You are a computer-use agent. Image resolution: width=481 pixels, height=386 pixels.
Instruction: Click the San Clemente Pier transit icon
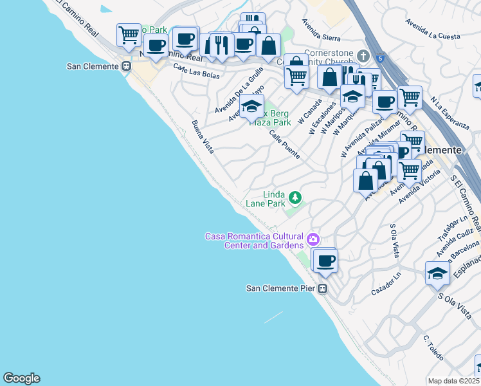[323, 288]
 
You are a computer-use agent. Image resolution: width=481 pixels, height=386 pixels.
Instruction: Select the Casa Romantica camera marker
[313, 240]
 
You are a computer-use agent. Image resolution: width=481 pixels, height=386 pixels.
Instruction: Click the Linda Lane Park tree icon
[295, 196]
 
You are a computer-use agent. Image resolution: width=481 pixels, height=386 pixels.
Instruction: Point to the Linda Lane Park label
[266, 199]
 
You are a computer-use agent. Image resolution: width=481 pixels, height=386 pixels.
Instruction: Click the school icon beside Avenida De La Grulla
[252, 106]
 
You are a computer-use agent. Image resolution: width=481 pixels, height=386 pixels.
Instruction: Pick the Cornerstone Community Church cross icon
[363, 57]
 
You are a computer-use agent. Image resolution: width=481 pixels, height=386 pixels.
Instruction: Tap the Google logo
[21, 378]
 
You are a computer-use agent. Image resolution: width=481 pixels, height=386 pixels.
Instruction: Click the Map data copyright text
[453, 381]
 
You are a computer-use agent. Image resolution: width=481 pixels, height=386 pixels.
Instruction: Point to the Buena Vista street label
[203, 136]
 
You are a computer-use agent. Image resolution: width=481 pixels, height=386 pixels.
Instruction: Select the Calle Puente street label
[284, 145]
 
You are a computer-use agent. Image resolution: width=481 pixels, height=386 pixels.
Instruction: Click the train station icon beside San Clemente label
[127, 66]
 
